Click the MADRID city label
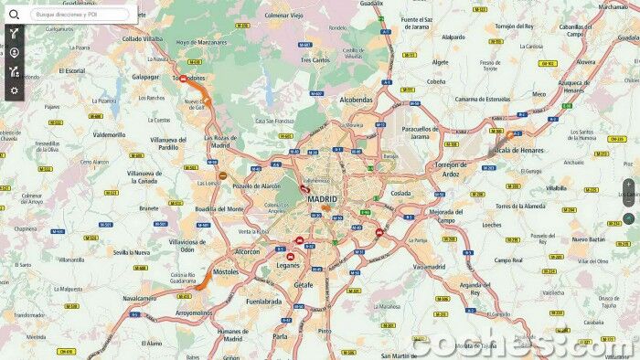[x=322, y=198]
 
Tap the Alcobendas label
[x=356, y=100]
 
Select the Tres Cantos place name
[x=317, y=60]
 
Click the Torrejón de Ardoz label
[x=446, y=168]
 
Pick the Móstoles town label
[x=225, y=272]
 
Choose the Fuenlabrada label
[x=263, y=301]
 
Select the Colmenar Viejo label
[x=283, y=15]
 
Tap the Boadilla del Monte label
[x=219, y=209]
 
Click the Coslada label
[x=400, y=193]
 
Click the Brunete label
[x=148, y=208]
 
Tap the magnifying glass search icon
[x=14, y=14]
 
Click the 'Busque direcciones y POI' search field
[x=80, y=15]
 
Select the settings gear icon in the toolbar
[x=14, y=90]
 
